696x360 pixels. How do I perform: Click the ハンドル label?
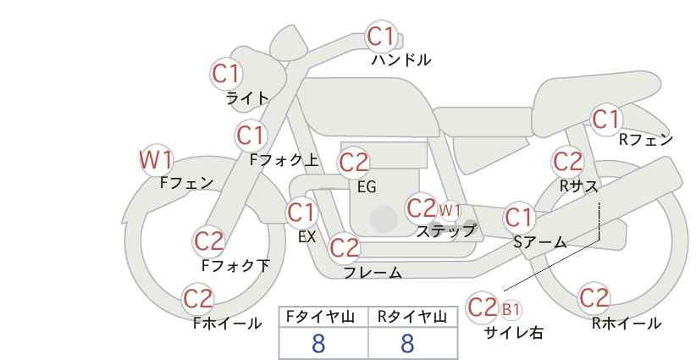point(400,59)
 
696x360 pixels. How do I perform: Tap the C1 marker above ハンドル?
point(381,36)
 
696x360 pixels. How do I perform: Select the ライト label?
point(247,97)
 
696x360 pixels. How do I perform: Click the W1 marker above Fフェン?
point(156,160)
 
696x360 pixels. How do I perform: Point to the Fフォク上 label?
point(284,160)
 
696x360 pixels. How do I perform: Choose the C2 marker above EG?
point(354,163)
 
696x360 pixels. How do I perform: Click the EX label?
point(307,237)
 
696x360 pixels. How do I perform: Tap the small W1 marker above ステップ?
point(450,210)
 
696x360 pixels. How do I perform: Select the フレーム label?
point(373,272)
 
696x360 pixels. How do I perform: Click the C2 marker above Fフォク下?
point(208,241)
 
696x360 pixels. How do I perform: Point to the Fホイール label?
point(227,324)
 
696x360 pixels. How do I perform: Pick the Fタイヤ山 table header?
point(320,317)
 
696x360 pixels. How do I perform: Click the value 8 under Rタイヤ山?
point(407,343)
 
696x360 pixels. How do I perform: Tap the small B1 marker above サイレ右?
point(511,309)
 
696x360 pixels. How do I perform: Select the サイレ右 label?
point(514,333)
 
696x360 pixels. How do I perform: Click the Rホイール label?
point(627,324)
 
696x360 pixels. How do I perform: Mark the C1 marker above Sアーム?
point(519,218)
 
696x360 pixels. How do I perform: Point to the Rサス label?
point(578,186)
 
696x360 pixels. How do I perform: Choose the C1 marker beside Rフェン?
point(606,119)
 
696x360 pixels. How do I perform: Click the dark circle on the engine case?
point(384,219)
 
